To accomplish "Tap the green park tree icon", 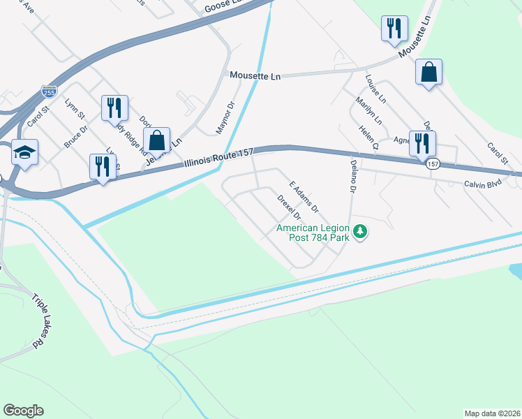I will pos(359,230).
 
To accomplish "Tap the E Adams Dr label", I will pos(304,198).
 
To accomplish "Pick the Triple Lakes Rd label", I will pos(41,318).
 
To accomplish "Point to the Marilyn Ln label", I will pos(368,110).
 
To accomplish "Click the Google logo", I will pos(23,410).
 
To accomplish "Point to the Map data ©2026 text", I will pos(491,413).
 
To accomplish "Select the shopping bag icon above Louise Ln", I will pos(428,73).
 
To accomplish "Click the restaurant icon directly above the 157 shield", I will pos(422,142).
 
